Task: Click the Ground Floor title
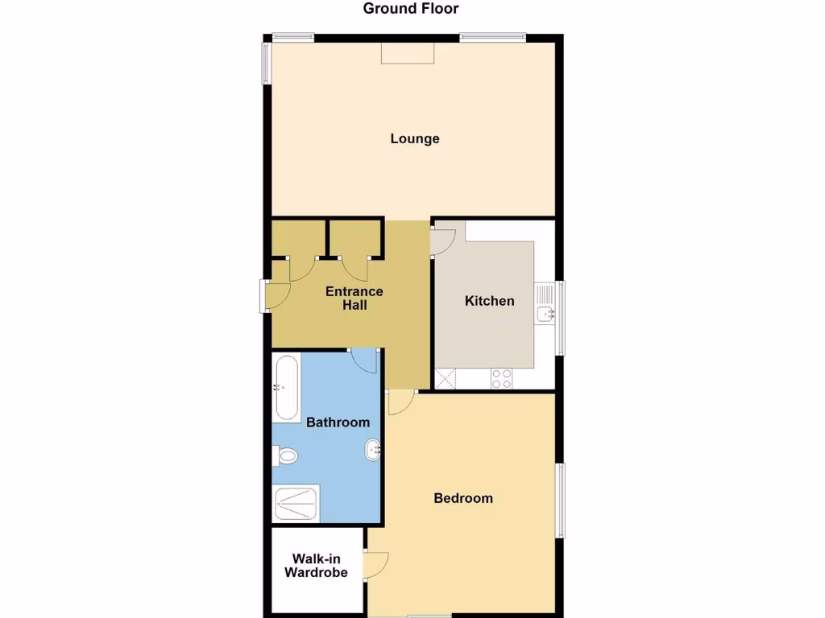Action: (x=411, y=9)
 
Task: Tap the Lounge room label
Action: (x=415, y=138)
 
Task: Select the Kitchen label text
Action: (x=489, y=301)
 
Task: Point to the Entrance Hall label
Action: (x=354, y=298)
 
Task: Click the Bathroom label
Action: (x=338, y=422)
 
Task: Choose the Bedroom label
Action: (x=463, y=498)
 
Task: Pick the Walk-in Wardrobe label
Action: (x=320, y=565)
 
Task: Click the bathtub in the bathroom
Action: (x=287, y=389)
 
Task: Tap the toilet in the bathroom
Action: (x=285, y=456)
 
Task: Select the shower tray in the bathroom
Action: (x=296, y=504)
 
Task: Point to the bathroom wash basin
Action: (x=373, y=450)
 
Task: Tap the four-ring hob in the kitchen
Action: (x=501, y=378)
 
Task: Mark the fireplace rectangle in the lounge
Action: (x=408, y=52)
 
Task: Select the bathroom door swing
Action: (x=365, y=360)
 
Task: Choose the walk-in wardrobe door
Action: (x=376, y=566)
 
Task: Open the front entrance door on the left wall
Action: (x=278, y=297)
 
